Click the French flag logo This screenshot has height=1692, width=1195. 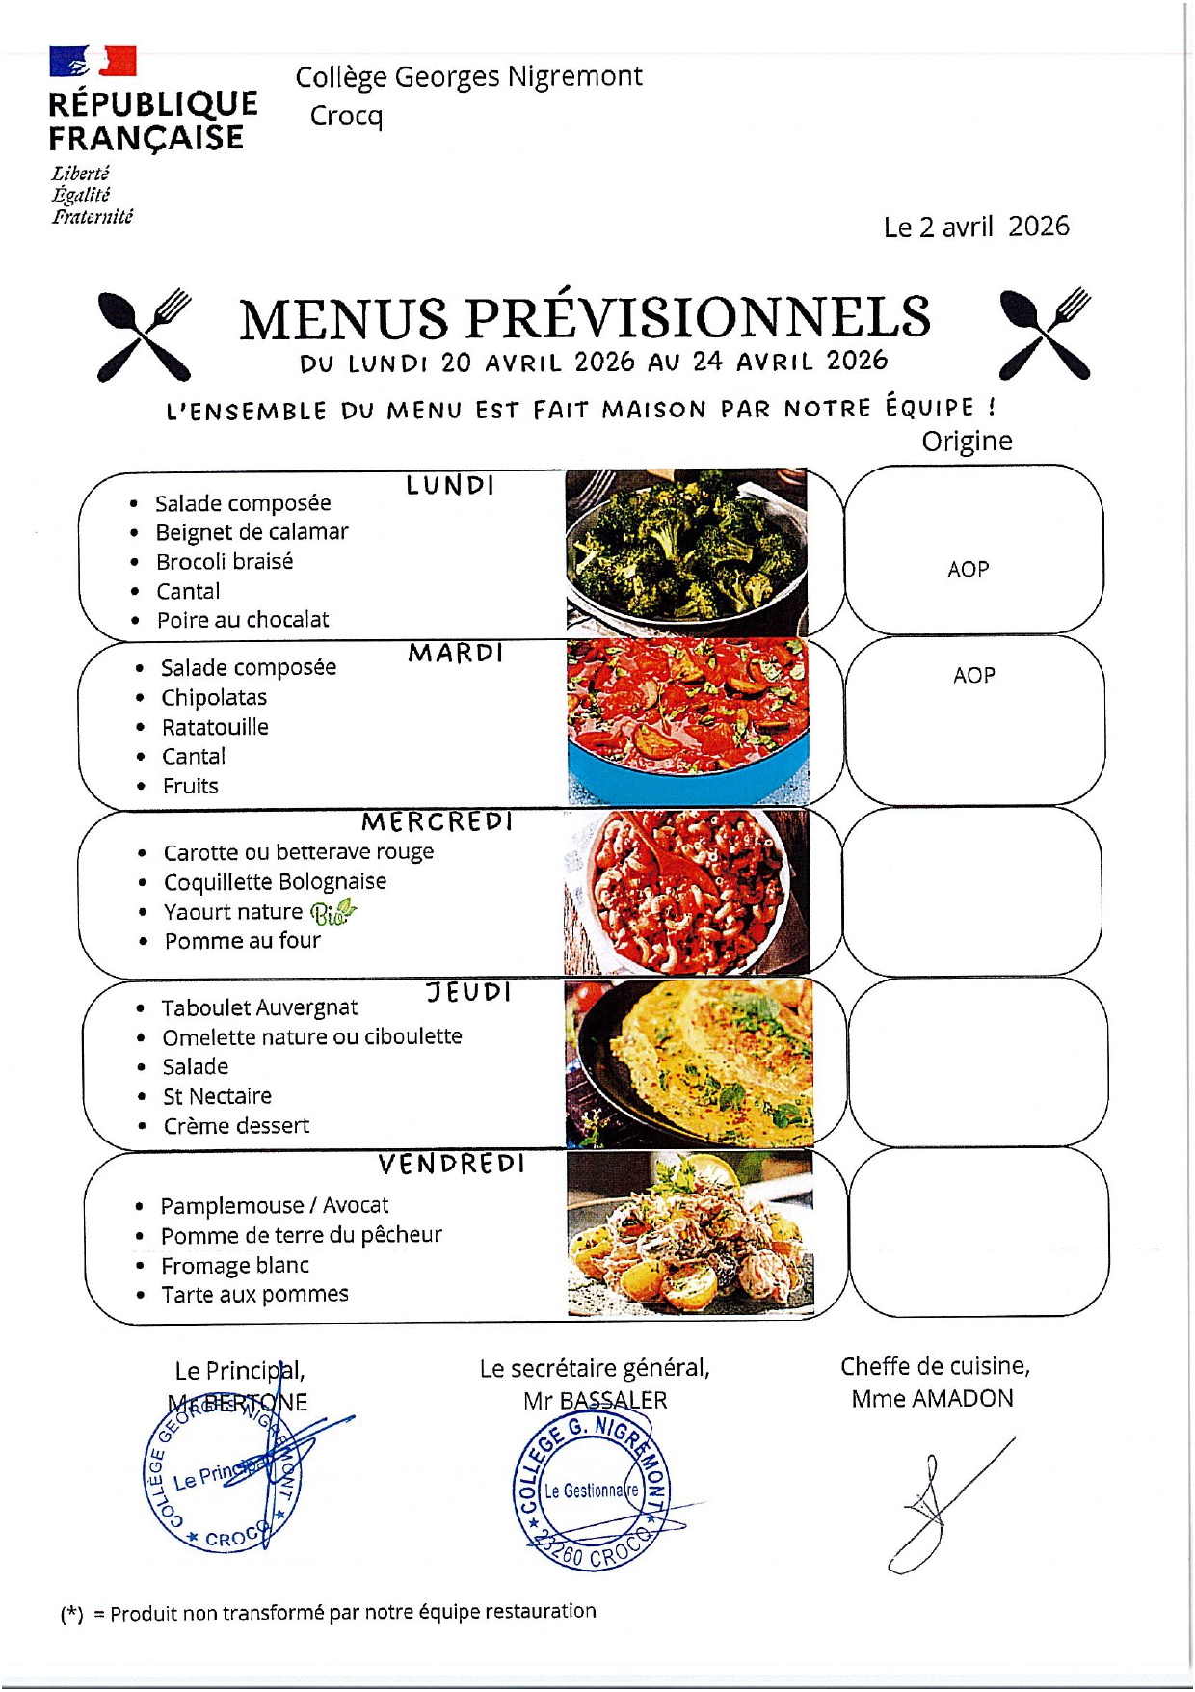pyautogui.click(x=93, y=61)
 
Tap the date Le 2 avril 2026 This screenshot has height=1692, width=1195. pyautogui.click(x=975, y=227)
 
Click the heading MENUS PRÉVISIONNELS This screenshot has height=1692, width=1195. pyautogui.click(x=584, y=318)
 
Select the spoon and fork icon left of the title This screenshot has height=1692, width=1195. pyautogui.click(x=145, y=334)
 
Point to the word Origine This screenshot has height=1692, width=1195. pyautogui.click(x=967, y=442)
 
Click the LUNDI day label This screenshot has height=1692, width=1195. pyautogui.click(x=450, y=485)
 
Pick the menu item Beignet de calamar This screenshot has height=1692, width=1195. pyautogui.click(x=252, y=532)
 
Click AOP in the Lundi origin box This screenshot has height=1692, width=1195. pyautogui.click(x=968, y=570)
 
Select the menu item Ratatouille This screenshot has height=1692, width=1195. pyautogui.click(x=215, y=727)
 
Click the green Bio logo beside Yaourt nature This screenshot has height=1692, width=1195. pyautogui.click(x=332, y=911)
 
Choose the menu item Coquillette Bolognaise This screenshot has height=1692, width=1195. pyautogui.click(x=275, y=882)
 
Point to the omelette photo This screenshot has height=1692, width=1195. pyautogui.click(x=688, y=1062)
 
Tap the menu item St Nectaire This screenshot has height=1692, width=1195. pyautogui.click(x=217, y=1096)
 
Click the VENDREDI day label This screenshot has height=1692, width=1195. pyautogui.click(x=451, y=1165)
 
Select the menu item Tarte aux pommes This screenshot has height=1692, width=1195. pyautogui.click(x=254, y=1295)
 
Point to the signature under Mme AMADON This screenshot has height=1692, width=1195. pyautogui.click(x=944, y=1504)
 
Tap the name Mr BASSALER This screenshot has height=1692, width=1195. pyautogui.click(x=595, y=1401)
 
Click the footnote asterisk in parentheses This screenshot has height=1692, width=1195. pyautogui.click(x=72, y=1614)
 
